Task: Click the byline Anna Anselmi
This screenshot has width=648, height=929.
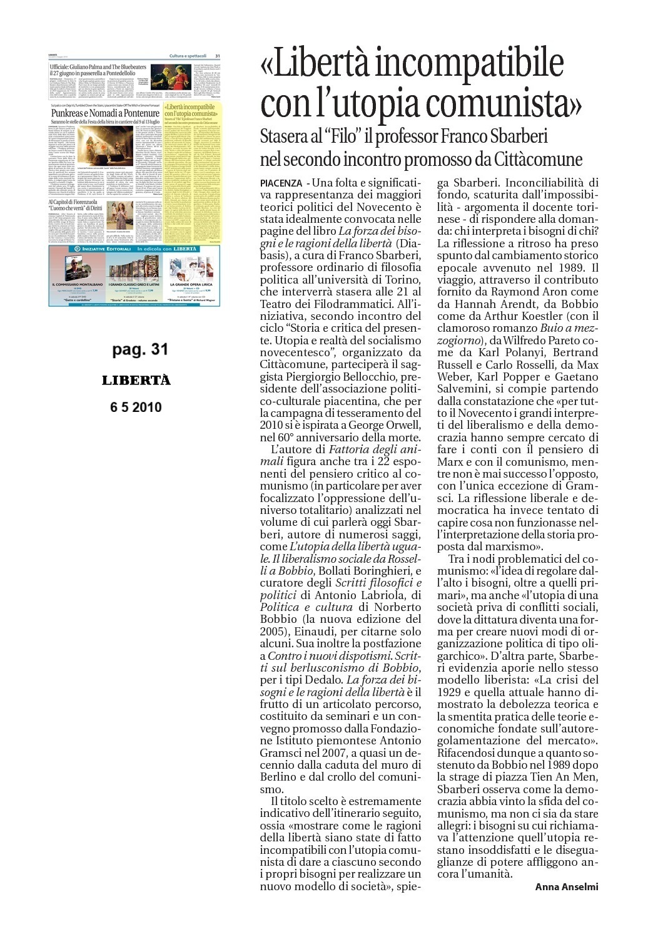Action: [x=567, y=886]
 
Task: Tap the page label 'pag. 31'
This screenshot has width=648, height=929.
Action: [x=140, y=349]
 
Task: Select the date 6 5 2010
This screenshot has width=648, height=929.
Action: [x=136, y=407]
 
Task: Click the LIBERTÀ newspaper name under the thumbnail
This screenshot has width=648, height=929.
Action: [x=136, y=380]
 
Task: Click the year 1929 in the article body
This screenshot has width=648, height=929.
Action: [x=449, y=692]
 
